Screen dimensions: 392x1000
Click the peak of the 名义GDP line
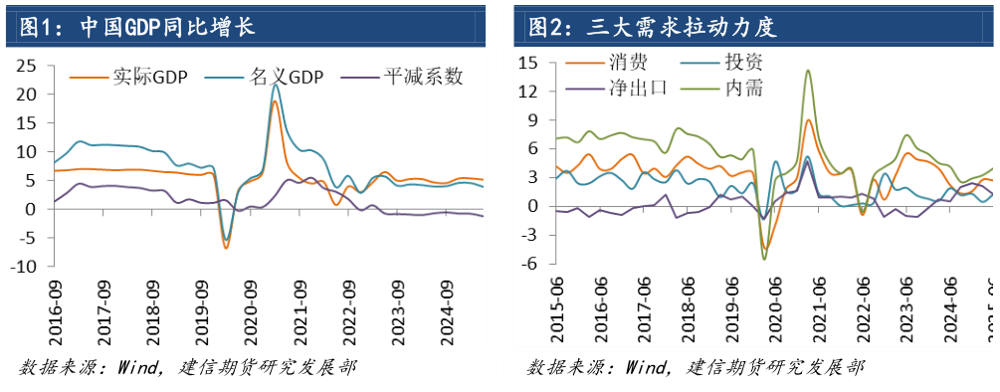(x=275, y=86)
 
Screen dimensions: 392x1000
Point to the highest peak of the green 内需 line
(x=807, y=71)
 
